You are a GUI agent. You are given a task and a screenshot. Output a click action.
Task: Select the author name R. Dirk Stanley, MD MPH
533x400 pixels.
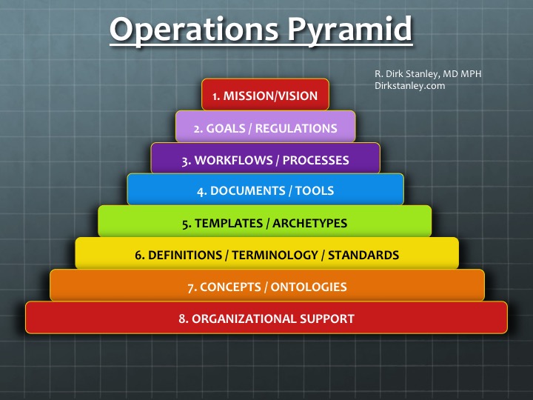(429, 73)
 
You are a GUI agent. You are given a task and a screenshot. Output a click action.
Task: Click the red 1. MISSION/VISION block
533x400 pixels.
(265, 96)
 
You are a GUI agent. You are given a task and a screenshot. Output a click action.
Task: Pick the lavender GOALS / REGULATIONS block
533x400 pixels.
(265, 128)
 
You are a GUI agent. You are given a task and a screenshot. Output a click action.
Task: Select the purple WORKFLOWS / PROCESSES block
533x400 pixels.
(265, 160)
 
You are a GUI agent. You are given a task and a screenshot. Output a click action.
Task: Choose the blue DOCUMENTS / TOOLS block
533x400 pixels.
(265, 190)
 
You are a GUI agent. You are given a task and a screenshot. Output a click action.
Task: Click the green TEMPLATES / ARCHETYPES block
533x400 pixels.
(265, 223)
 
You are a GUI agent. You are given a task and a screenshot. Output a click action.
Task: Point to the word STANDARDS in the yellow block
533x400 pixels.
(363, 256)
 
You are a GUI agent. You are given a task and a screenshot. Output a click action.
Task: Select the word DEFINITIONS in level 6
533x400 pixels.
(185, 256)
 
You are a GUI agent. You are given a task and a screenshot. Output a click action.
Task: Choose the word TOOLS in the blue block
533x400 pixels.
(315, 190)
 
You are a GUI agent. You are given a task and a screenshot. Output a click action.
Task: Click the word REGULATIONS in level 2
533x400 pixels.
(296, 128)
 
